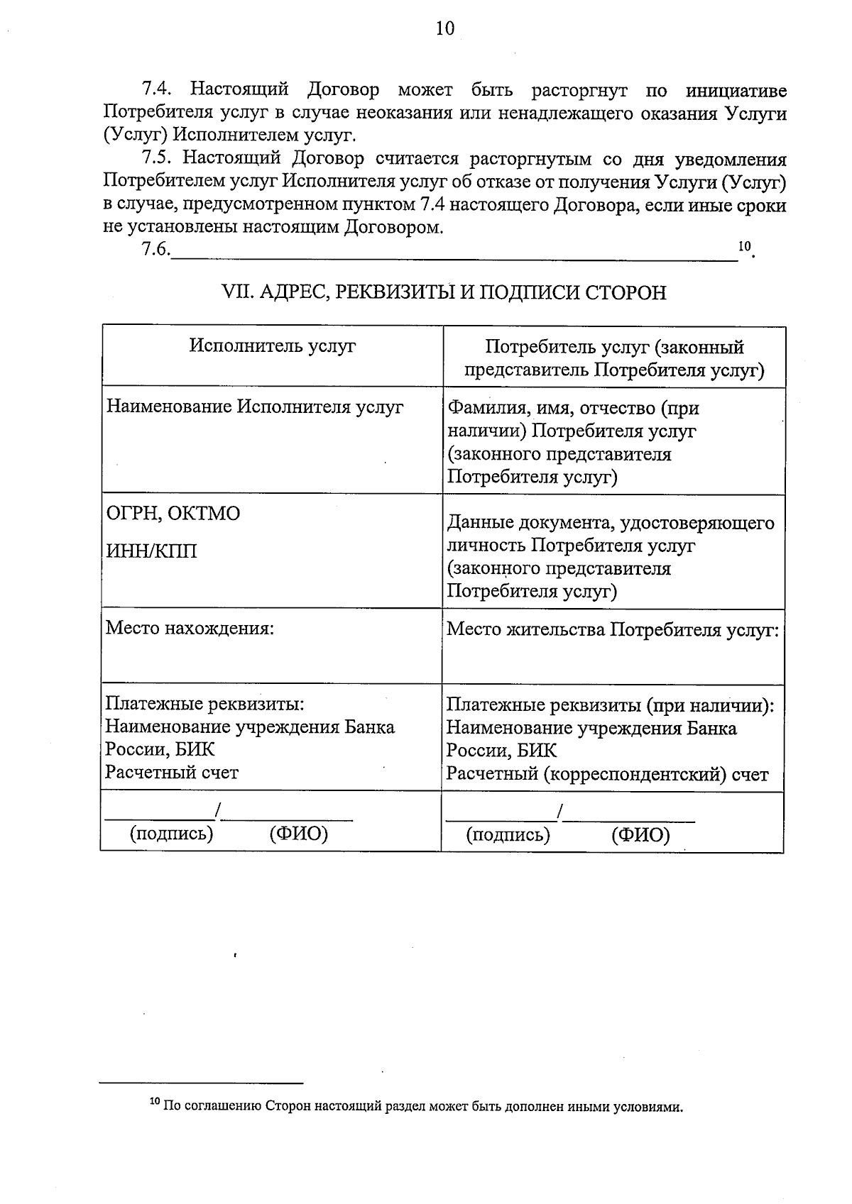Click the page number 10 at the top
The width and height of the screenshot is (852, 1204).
444,28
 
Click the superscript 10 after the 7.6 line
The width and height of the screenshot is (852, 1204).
743,246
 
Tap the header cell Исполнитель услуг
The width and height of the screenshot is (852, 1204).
273,346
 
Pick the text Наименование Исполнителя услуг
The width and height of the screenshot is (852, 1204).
254,407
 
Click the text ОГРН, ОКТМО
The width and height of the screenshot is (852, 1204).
173,513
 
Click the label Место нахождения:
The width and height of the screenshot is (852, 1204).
190,629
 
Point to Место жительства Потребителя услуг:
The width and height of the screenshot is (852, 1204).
613,630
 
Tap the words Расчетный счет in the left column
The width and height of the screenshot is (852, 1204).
172,772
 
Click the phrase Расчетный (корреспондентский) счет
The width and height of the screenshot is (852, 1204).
607,774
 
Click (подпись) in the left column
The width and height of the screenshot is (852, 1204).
171,833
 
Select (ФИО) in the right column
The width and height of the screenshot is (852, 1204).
640,834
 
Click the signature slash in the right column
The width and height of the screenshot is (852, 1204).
560,810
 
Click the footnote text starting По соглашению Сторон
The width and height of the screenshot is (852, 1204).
423,1106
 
